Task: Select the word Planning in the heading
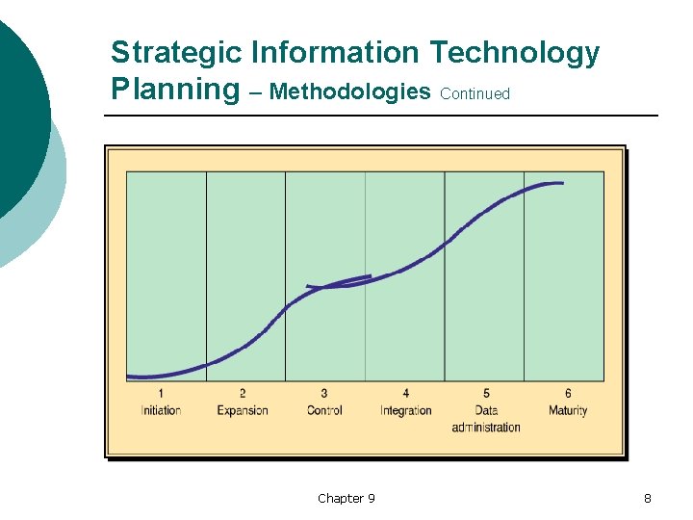click(x=174, y=90)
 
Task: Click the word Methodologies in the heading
click(x=350, y=91)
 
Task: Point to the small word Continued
click(x=475, y=94)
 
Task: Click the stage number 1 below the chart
click(x=161, y=393)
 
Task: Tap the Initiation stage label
click(x=161, y=410)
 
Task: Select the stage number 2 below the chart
click(x=243, y=393)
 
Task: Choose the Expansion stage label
click(x=243, y=410)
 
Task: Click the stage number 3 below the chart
click(x=324, y=393)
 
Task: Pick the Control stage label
click(x=324, y=410)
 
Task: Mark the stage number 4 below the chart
click(x=406, y=393)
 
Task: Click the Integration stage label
click(x=406, y=410)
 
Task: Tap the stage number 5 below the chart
click(x=486, y=393)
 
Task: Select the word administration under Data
click(x=486, y=428)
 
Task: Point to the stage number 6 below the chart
click(x=568, y=393)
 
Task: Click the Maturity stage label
click(x=568, y=410)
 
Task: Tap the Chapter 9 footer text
click(x=346, y=498)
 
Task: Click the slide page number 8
click(x=648, y=498)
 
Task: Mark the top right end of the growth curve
click(x=562, y=183)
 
